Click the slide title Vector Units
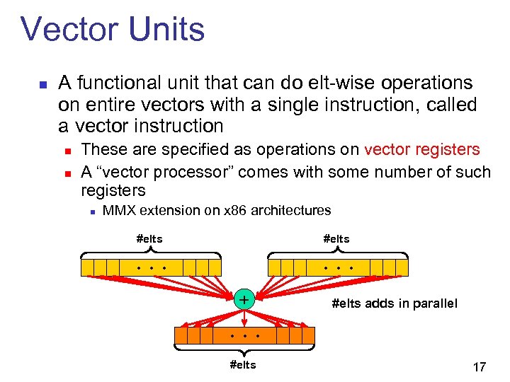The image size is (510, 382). pos(113,30)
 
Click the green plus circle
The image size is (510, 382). pos(244,300)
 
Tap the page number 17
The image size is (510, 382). pos(479,367)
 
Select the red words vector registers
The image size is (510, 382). pos(421,150)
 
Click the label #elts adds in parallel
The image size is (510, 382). pos(395,303)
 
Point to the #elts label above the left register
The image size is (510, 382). pos(149,239)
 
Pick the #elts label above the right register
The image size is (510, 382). pos(336,239)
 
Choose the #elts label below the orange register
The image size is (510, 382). pos(243,365)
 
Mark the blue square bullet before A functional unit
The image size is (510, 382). pos(42,84)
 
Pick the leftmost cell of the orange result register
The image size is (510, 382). pos(181,335)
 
